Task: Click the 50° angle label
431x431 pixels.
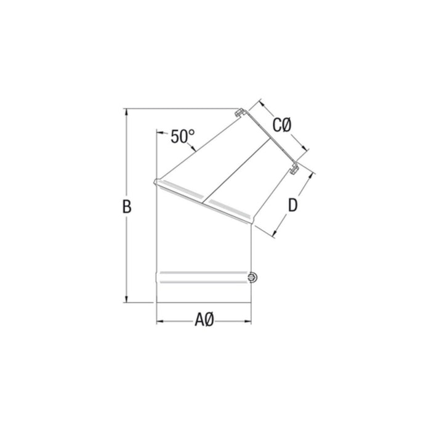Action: [x=183, y=136]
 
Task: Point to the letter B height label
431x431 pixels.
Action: [x=127, y=207]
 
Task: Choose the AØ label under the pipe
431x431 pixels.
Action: [x=204, y=320]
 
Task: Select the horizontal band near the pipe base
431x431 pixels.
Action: [x=203, y=278]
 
